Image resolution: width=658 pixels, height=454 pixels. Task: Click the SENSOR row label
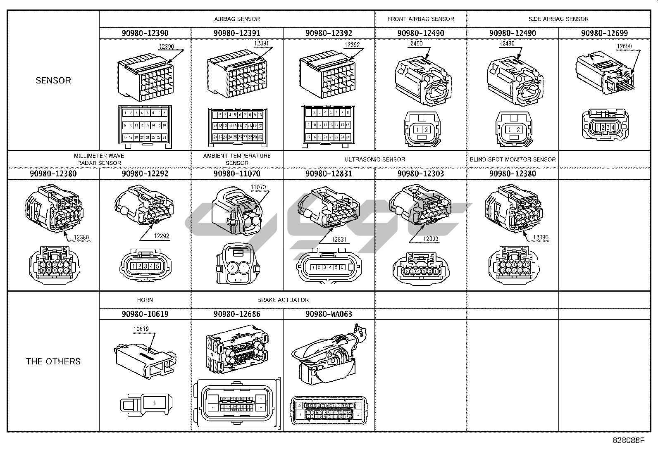coord(53,81)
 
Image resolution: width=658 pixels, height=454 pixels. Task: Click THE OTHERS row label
coord(53,361)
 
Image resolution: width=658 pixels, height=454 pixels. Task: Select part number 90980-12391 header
coord(237,33)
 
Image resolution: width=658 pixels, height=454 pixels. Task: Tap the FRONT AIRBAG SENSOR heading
coord(420,19)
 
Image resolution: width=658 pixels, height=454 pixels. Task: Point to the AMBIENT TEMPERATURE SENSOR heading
coord(237,159)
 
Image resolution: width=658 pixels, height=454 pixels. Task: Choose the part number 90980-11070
coord(237,174)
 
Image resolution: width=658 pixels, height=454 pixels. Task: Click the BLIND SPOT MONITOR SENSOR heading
coord(513,159)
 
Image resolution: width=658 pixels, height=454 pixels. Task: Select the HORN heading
coord(145,300)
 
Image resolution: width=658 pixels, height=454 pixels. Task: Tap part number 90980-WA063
coord(329,314)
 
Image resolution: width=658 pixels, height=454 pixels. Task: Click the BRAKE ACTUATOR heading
coord(283,300)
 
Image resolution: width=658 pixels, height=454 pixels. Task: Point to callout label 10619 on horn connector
coord(141,329)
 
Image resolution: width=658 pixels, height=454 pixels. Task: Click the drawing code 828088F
coord(628,440)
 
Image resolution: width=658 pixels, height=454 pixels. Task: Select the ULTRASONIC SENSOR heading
coord(374,159)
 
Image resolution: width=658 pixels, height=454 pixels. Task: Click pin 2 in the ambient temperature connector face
coord(233,268)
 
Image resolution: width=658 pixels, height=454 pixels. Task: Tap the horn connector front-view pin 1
coord(155,402)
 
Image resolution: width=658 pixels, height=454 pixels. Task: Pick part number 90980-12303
coord(420,174)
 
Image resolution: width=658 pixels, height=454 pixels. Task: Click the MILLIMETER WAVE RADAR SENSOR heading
coord(99,159)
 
